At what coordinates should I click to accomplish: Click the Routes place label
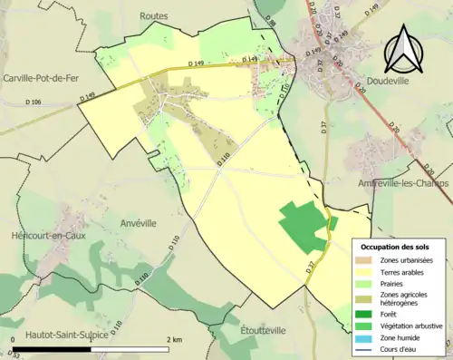(x=154, y=16)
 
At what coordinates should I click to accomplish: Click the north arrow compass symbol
(x=405, y=50)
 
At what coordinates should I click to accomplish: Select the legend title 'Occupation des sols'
(x=397, y=247)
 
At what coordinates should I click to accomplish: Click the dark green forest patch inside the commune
(x=303, y=226)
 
